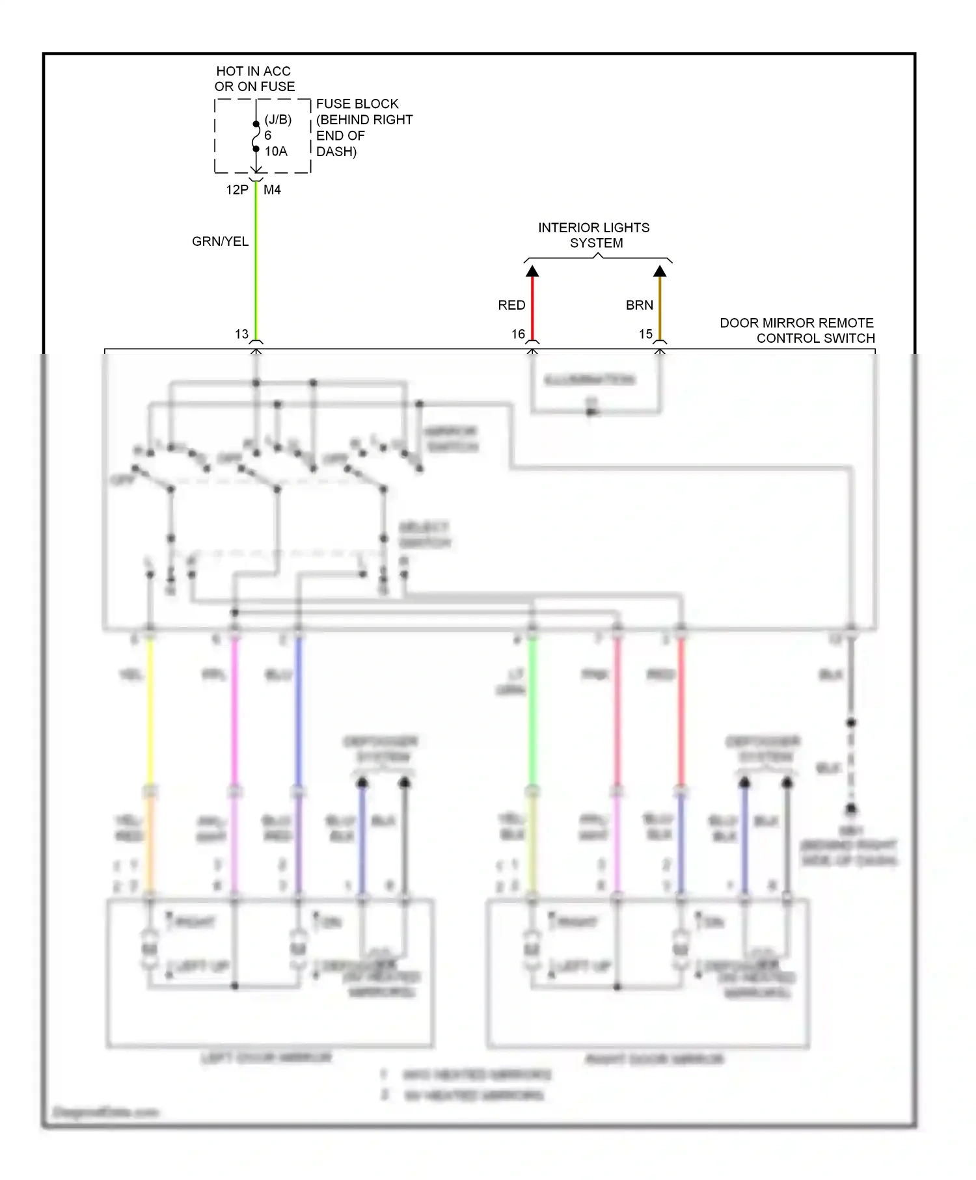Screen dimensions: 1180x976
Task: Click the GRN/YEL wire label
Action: [220, 241]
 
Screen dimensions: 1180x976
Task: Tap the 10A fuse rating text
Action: [275, 152]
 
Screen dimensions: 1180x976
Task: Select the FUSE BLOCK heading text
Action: [357, 104]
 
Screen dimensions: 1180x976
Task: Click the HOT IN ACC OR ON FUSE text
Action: [254, 79]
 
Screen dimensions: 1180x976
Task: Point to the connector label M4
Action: [272, 190]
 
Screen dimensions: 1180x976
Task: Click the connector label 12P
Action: [237, 190]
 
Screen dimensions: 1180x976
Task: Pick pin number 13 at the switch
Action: [241, 334]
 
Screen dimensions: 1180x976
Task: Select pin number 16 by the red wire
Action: [518, 334]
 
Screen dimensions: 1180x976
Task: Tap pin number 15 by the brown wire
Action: [645, 334]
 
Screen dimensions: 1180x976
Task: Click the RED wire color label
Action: [511, 305]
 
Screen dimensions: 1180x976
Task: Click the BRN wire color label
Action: [639, 305]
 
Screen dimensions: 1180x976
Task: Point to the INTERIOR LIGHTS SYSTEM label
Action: [594, 235]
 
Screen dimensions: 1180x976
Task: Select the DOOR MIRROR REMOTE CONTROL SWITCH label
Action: [797, 330]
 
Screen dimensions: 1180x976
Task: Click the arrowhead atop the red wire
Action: [532, 271]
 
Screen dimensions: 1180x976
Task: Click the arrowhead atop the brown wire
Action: [660, 271]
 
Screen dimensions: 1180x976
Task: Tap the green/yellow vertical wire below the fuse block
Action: [256, 260]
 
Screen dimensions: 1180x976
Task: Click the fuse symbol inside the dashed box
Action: [256, 137]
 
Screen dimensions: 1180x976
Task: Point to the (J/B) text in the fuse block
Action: [278, 120]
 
